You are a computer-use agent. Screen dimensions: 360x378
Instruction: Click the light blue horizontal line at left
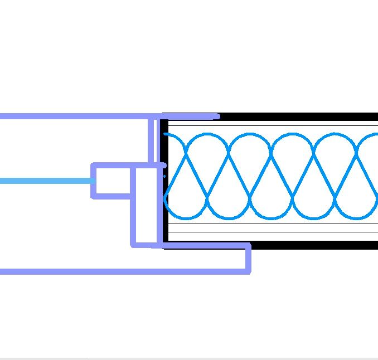[x=45, y=181]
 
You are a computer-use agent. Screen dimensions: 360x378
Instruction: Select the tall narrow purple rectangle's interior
[x=144, y=206]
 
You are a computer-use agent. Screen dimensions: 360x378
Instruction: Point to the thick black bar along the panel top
[x=301, y=117]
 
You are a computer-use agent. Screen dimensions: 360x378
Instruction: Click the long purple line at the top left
[x=72, y=116]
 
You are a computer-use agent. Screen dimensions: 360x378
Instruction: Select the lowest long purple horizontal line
[x=123, y=271]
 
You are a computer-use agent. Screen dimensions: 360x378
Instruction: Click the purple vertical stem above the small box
[x=151, y=139]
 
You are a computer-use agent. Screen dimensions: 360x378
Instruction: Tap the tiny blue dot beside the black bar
[x=164, y=176]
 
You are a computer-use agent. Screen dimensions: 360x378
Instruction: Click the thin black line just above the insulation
[x=273, y=126]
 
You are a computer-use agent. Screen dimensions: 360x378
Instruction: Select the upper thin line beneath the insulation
[x=273, y=223]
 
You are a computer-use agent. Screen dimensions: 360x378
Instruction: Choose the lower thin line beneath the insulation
[x=273, y=232]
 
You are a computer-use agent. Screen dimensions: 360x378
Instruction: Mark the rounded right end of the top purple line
[x=217, y=116]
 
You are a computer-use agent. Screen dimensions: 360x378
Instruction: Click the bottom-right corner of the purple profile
[x=249, y=271]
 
